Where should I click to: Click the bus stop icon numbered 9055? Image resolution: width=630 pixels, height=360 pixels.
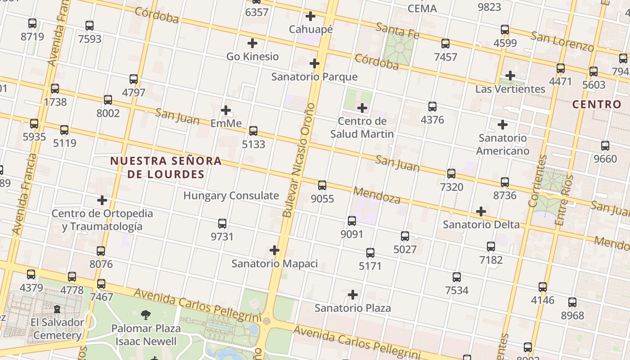click(x=322, y=185)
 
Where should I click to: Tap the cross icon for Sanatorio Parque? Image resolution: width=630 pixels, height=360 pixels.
click(x=315, y=63)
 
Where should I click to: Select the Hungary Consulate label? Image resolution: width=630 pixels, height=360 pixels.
click(x=231, y=196)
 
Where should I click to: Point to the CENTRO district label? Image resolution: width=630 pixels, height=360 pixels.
click(x=597, y=104)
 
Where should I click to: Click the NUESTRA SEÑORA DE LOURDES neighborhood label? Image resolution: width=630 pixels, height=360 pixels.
click(x=166, y=167)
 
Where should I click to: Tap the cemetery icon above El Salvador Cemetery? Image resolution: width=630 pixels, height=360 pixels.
click(x=58, y=309)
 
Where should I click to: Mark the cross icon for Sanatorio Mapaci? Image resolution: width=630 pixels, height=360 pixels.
click(x=274, y=250)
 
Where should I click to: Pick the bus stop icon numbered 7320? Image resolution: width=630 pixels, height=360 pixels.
click(x=451, y=173)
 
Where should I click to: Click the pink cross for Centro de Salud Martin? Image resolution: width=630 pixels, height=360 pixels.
click(x=362, y=108)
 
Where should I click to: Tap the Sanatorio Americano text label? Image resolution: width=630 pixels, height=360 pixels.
click(x=503, y=144)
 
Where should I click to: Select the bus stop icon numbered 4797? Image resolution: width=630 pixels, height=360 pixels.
click(x=134, y=79)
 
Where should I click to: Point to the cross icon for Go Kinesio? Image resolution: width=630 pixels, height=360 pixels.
click(x=252, y=43)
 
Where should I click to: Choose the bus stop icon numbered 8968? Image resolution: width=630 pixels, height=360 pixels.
click(x=572, y=302)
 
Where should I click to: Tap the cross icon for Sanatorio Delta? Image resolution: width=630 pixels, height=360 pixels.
click(x=481, y=211)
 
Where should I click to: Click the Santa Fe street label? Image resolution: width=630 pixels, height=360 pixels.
click(x=397, y=31)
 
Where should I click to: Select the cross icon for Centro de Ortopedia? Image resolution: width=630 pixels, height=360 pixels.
click(x=102, y=200)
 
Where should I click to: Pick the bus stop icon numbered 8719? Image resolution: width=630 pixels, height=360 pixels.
click(x=32, y=23)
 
